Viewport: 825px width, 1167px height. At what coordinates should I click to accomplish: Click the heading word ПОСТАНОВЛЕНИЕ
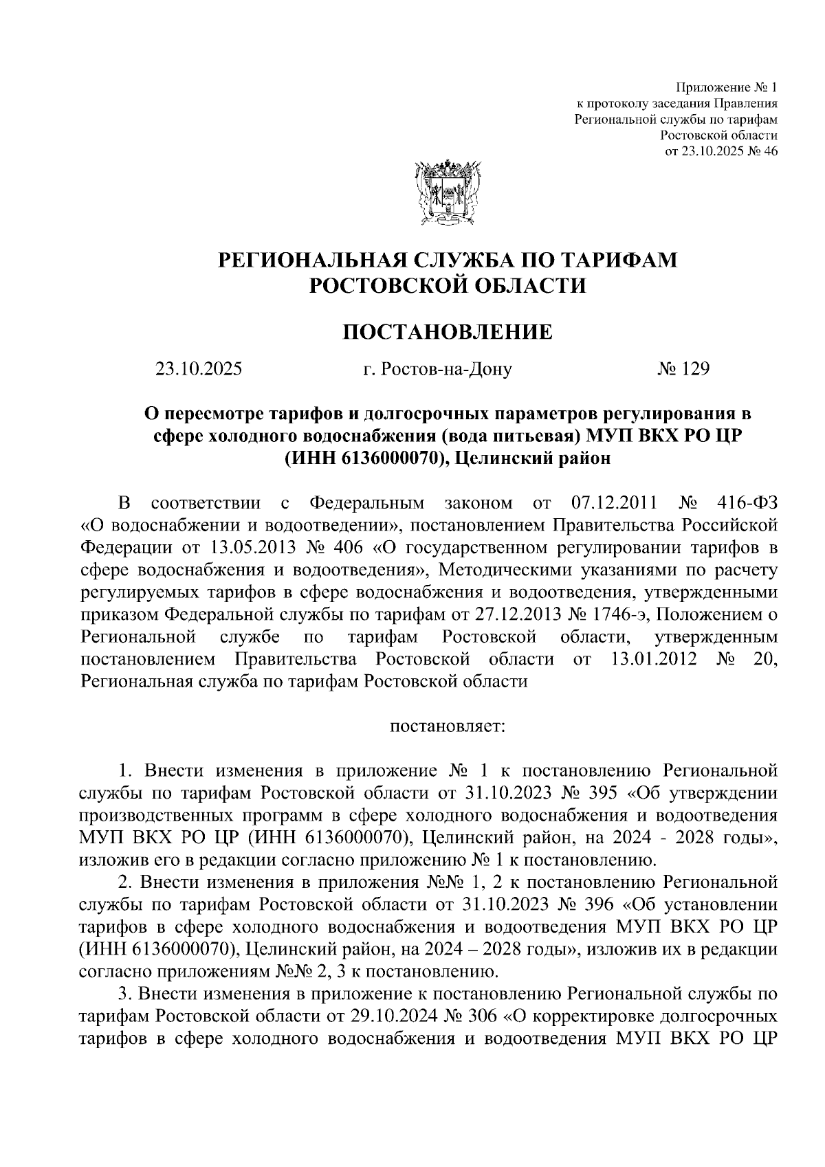click(447, 333)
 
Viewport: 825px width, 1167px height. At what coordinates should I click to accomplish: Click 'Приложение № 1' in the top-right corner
click(727, 88)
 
